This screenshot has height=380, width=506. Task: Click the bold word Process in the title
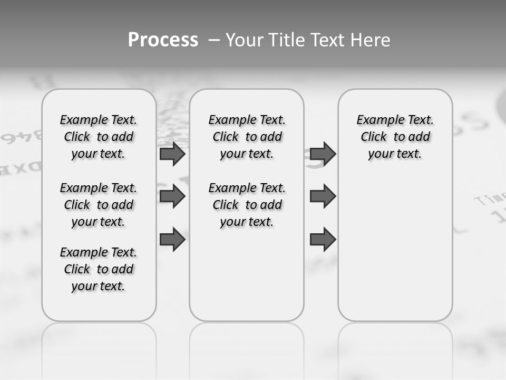tap(163, 40)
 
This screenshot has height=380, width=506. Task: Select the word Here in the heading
tap(372, 40)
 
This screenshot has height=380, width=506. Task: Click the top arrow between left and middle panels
tap(172, 154)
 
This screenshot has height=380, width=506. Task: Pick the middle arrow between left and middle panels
tap(172, 196)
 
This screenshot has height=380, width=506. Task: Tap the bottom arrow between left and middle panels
tap(172, 239)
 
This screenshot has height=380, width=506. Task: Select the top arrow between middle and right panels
tap(323, 154)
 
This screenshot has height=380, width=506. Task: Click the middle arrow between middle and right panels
tap(323, 196)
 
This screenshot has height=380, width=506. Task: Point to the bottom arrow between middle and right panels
tap(323, 239)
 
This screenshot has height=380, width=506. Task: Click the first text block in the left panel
tap(99, 137)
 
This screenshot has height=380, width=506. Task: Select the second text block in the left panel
tap(99, 205)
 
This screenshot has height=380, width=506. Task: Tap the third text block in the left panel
tap(99, 269)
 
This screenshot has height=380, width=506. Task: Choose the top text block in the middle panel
tap(247, 137)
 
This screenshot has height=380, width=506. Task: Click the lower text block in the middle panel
tap(247, 205)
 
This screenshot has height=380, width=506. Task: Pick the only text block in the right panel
tap(395, 137)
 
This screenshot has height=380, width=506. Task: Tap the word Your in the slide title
tap(242, 40)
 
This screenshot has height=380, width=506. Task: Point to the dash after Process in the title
tap(214, 40)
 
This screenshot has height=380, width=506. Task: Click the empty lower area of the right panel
tap(395, 248)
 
